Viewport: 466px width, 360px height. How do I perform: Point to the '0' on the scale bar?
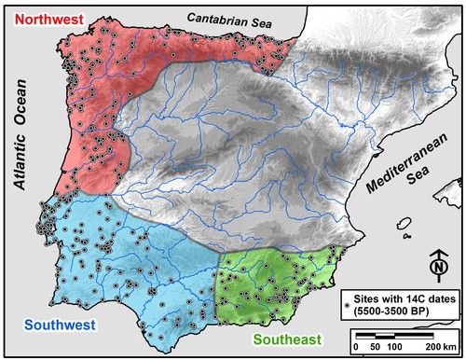coord(359,346)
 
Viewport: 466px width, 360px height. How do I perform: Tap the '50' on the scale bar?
coord(374,346)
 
